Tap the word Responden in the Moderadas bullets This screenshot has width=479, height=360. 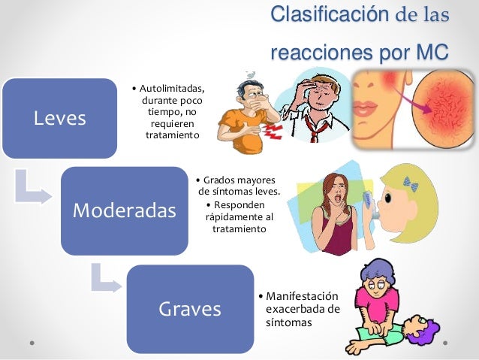(x=239, y=204)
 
